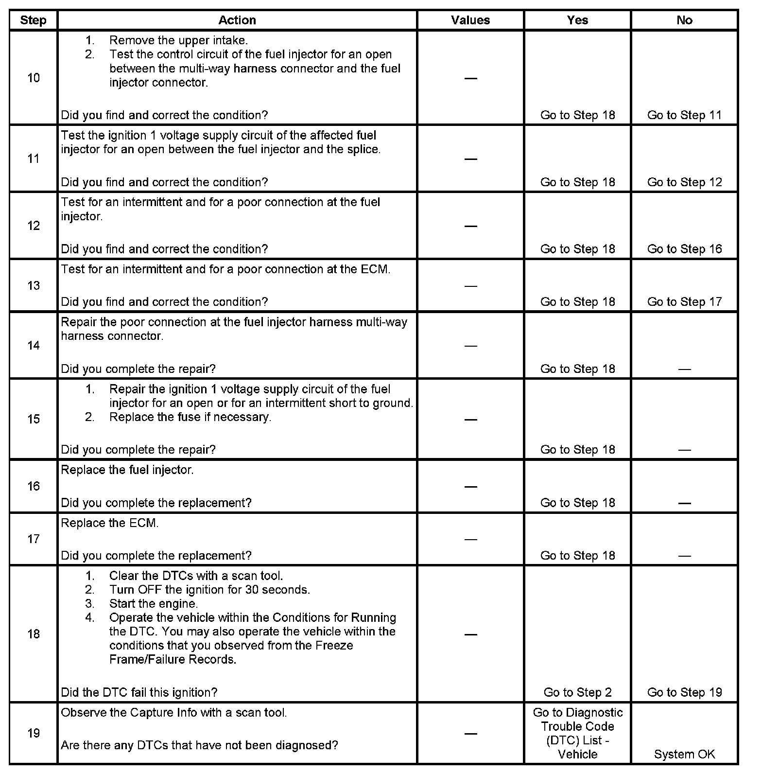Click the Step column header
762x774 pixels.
click(x=33, y=20)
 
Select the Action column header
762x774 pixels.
click(x=237, y=20)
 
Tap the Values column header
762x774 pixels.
click(x=470, y=20)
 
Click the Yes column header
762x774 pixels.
click(x=577, y=20)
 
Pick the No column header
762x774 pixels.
click(x=684, y=20)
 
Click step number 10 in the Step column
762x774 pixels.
click(x=33, y=78)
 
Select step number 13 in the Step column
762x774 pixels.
click(x=33, y=285)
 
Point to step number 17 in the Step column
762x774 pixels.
click(x=33, y=539)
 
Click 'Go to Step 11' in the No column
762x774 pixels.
click(x=684, y=115)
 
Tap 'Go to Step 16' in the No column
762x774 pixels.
click(x=684, y=249)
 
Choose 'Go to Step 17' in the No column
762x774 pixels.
click(x=684, y=302)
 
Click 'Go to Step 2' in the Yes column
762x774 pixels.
click(x=577, y=692)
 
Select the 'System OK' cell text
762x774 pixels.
click(x=684, y=754)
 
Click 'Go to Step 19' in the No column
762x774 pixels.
click(x=684, y=692)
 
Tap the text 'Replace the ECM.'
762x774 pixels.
click(x=110, y=523)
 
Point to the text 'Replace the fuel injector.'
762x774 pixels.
click(x=127, y=470)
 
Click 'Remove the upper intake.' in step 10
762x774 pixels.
click(x=178, y=40)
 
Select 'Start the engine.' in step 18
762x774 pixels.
click(x=154, y=604)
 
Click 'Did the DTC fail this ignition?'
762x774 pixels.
click(x=139, y=692)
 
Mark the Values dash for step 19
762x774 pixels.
click(x=470, y=733)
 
